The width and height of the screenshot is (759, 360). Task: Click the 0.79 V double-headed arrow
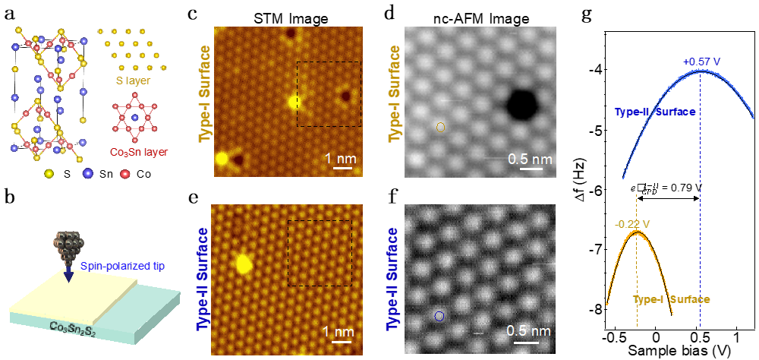tap(668, 199)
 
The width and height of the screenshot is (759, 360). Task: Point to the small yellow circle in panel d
tap(439, 128)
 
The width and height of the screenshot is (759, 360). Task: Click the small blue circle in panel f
tap(439, 315)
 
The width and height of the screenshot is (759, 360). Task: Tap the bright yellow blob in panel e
tap(244, 263)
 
